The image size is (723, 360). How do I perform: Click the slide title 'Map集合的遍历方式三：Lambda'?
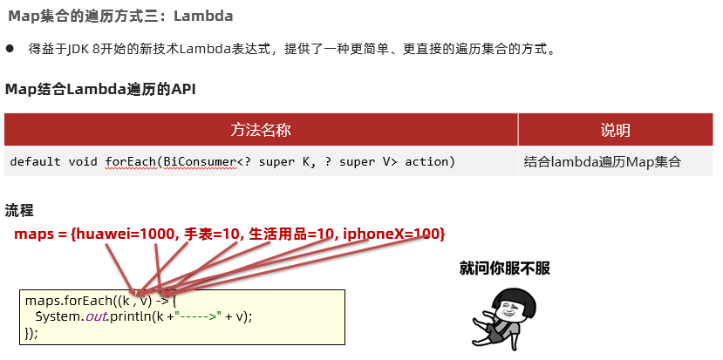coord(120,17)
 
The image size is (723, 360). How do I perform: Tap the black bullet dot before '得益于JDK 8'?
coord(10,49)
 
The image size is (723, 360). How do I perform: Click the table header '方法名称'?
coord(261,130)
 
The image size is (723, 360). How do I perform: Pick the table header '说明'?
coord(615,130)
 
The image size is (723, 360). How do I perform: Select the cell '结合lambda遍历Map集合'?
coord(602,162)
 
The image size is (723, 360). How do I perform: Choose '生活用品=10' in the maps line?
coord(290,234)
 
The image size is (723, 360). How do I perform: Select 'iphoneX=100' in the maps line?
coord(393,234)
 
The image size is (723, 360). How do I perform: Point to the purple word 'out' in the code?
coord(95,316)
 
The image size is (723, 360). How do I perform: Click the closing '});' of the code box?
coord(31,333)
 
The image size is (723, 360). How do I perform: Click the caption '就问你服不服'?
coord(505,268)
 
